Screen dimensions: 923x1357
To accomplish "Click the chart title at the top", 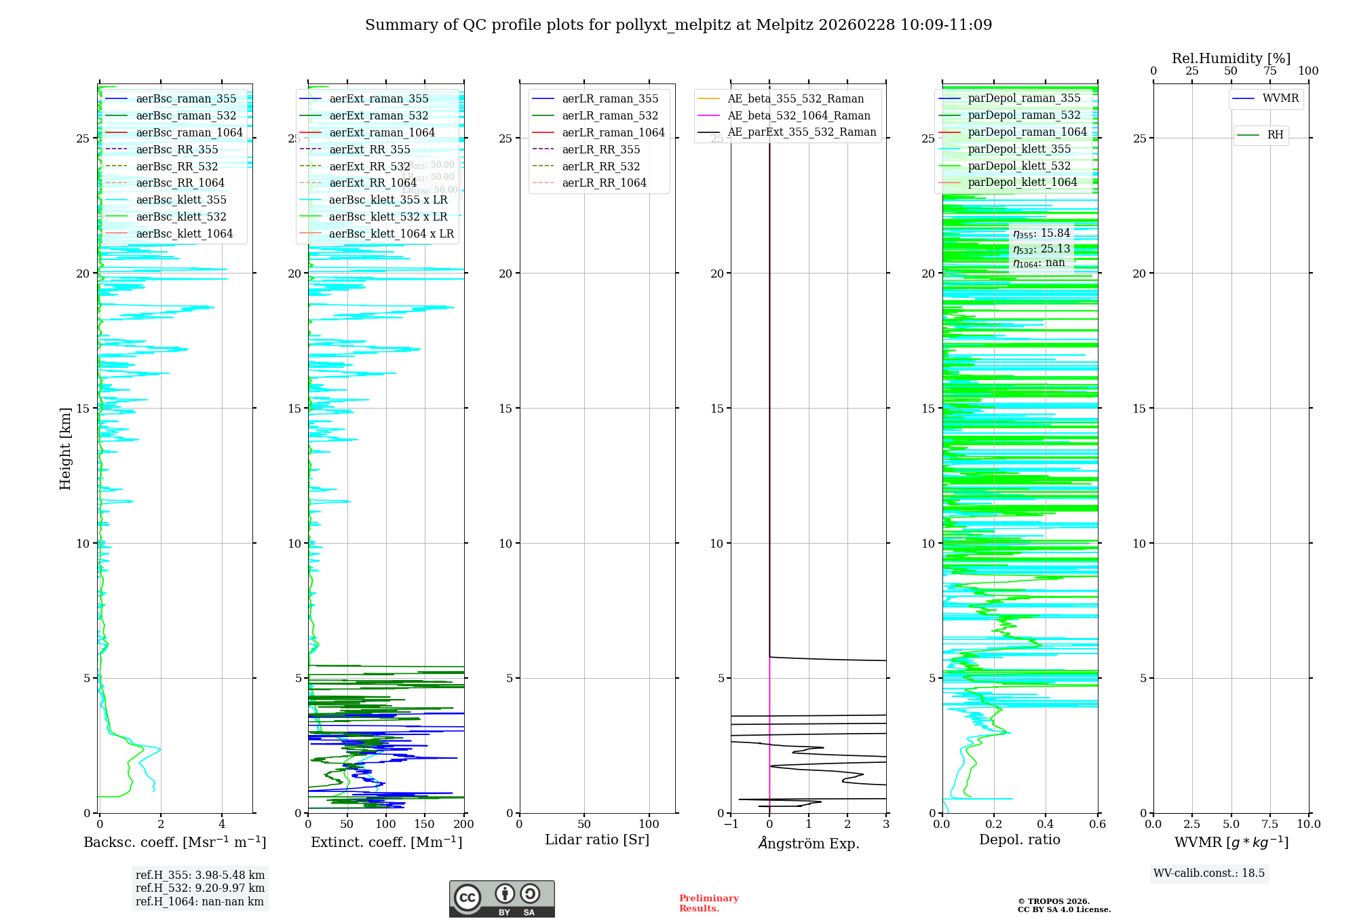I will click(678, 25).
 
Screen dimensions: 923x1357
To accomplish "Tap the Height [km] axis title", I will click(65, 449).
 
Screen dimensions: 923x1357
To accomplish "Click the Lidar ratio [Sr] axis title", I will click(597, 840).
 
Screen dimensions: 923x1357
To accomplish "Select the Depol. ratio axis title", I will click(1019, 840).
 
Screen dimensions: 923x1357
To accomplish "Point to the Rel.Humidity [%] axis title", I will click(1231, 58).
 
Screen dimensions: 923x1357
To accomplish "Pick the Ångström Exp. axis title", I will click(808, 843).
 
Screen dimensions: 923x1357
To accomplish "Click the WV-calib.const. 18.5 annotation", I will click(1209, 873).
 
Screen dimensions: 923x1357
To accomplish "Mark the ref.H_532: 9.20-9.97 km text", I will click(200, 888).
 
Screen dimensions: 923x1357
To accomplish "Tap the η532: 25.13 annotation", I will click(1041, 249).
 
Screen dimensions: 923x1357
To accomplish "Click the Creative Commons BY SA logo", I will click(501, 899).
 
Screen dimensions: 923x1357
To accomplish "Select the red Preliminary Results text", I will click(708, 903).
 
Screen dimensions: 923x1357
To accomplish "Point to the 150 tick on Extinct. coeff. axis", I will click(425, 825).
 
